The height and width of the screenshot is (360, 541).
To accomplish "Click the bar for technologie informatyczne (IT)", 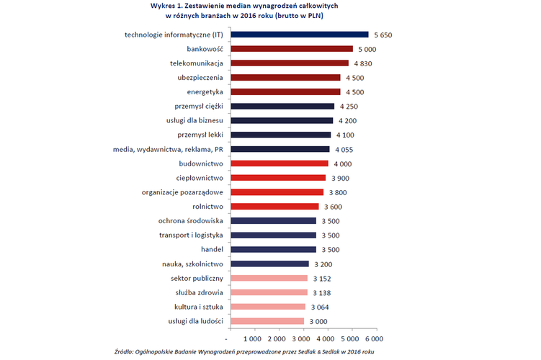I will [x=298, y=35].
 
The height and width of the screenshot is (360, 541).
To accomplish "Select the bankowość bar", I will [x=290, y=49].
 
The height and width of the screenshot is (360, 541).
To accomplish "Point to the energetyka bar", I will [x=283, y=91].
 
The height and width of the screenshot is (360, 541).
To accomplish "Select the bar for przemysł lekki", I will [x=278, y=134].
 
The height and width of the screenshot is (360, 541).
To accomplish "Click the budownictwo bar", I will [x=277, y=163].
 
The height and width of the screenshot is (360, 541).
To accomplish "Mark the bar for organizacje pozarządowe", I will [x=274, y=192].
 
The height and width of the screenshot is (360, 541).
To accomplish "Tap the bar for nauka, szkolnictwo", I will [x=267, y=264].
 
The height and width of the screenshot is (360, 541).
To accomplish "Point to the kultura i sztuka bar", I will [x=265, y=307].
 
